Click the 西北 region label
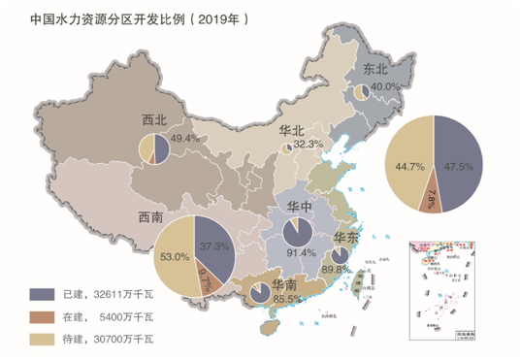154,121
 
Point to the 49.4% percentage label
184,139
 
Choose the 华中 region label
300,208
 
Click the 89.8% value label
336,269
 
